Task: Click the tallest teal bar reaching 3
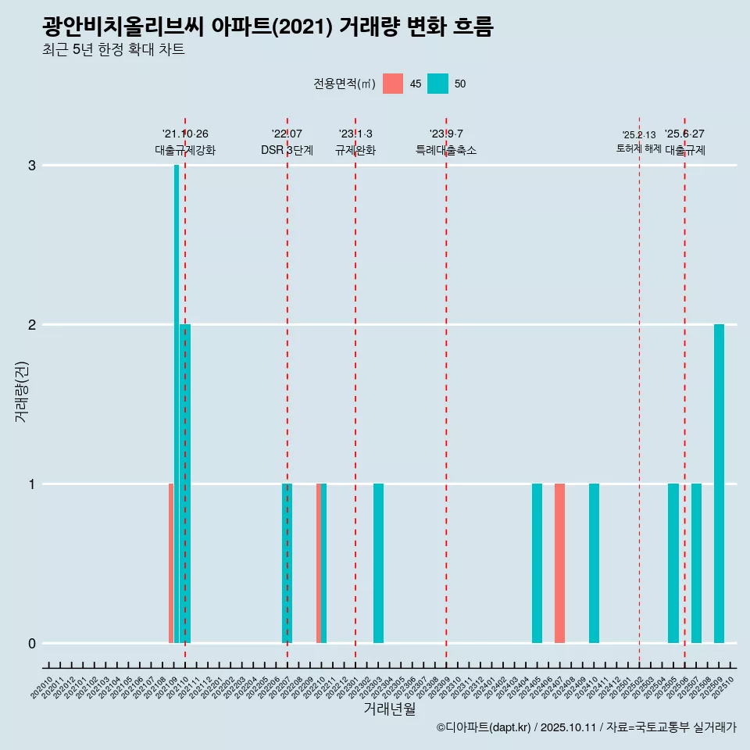tap(177, 391)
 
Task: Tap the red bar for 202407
tap(559, 562)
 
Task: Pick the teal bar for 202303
tap(378, 562)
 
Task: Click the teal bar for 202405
tap(537, 562)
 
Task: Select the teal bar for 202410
tap(594, 562)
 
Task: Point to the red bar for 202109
tap(171, 562)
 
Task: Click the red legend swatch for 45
tap(393, 84)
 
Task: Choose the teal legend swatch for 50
tap(437, 84)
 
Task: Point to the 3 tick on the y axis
tap(32, 166)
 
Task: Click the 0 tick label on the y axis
tap(32, 643)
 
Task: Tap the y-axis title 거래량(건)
tap(22, 391)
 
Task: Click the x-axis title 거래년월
tap(389, 709)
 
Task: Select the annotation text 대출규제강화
tap(185, 150)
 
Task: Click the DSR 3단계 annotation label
tap(287, 150)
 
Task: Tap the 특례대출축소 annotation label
tap(445, 150)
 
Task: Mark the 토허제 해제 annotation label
tap(638, 148)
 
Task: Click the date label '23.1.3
tap(355, 134)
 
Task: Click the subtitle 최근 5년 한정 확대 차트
tap(114, 50)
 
